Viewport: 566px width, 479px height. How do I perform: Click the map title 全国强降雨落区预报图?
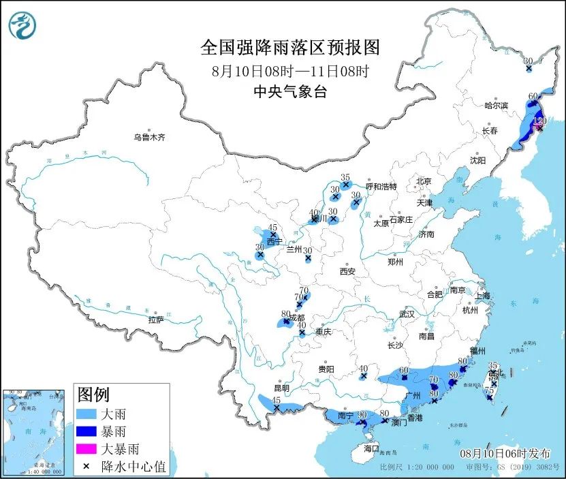289,48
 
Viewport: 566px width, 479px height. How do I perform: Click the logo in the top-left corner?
22,27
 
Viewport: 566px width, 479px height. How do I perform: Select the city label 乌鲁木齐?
149,138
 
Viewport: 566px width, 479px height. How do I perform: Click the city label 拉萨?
155,320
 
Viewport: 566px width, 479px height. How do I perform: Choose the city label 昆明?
281,388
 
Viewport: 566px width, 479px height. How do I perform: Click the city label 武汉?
407,315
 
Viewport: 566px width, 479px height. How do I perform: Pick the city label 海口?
371,449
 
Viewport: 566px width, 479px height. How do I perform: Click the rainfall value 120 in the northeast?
540,121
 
